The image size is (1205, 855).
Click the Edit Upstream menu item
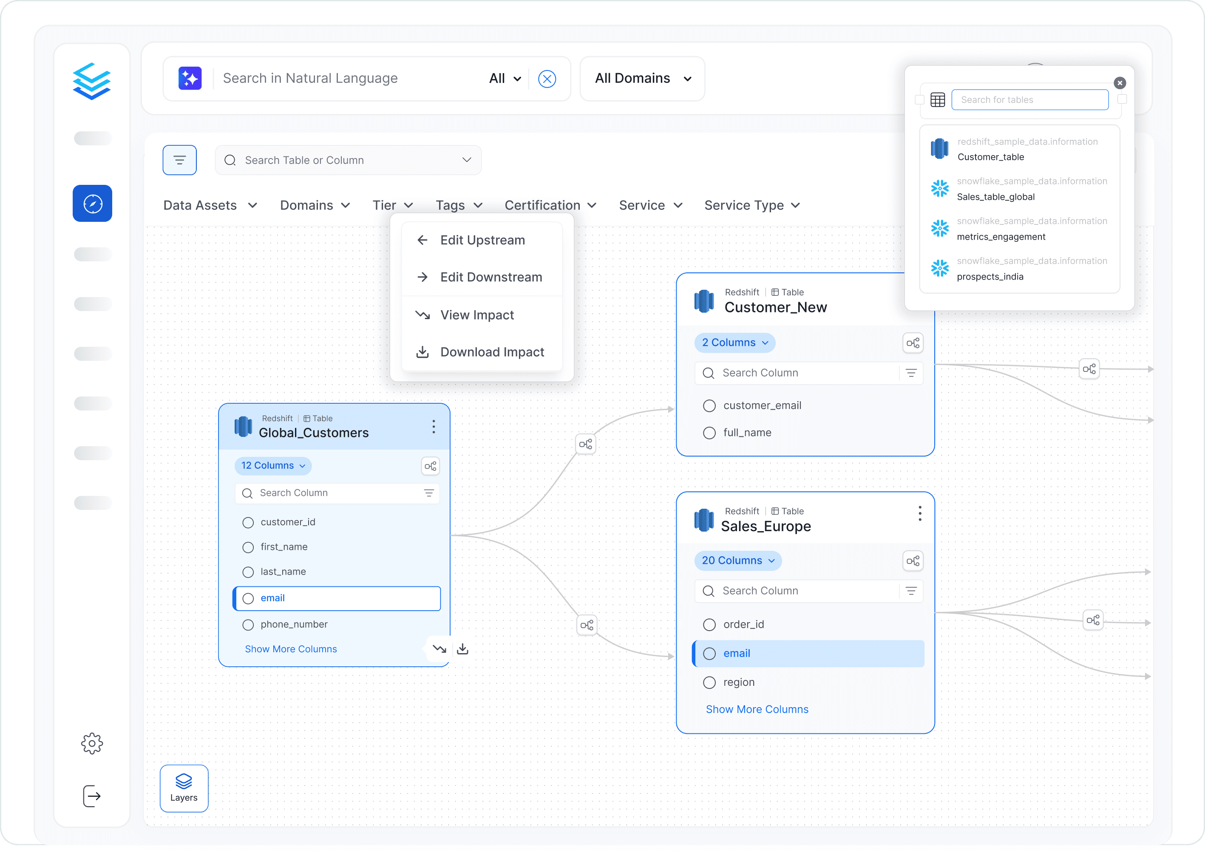pos(482,240)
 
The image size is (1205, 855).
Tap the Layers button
pos(184,788)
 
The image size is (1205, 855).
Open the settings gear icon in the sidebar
pos(92,743)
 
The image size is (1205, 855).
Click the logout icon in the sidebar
pos(92,796)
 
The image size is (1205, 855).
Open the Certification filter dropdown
pos(550,205)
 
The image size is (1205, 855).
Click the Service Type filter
pos(752,205)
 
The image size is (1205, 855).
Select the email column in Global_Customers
pos(337,598)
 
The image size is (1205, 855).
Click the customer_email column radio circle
pos(709,405)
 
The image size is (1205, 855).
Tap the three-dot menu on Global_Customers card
pos(434,427)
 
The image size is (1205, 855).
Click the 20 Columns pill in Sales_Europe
pos(738,560)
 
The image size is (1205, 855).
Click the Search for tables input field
pos(1029,99)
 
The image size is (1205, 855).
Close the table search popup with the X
pos(1120,83)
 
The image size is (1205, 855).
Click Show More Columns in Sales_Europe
pos(757,709)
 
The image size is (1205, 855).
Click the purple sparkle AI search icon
pos(190,79)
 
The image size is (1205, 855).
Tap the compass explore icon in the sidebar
pos(93,203)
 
